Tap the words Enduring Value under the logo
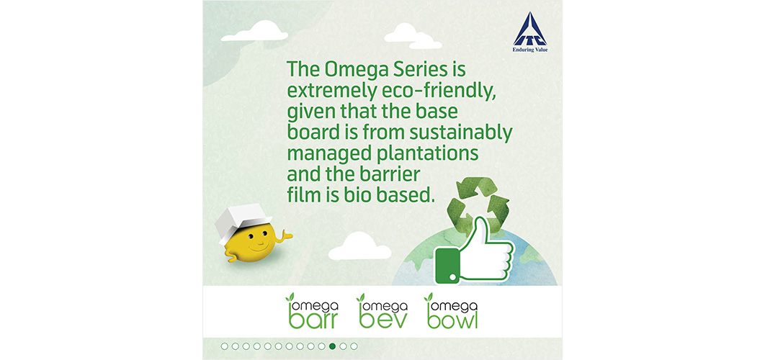click(x=530, y=49)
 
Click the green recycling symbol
click(x=478, y=205)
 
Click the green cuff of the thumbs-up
click(x=447, y=265)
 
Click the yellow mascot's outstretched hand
click(x=284, y=236)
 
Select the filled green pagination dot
click(x=332, y=346)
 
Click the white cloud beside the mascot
click(x=359, y=247)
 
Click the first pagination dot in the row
click(x=225, y=346)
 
